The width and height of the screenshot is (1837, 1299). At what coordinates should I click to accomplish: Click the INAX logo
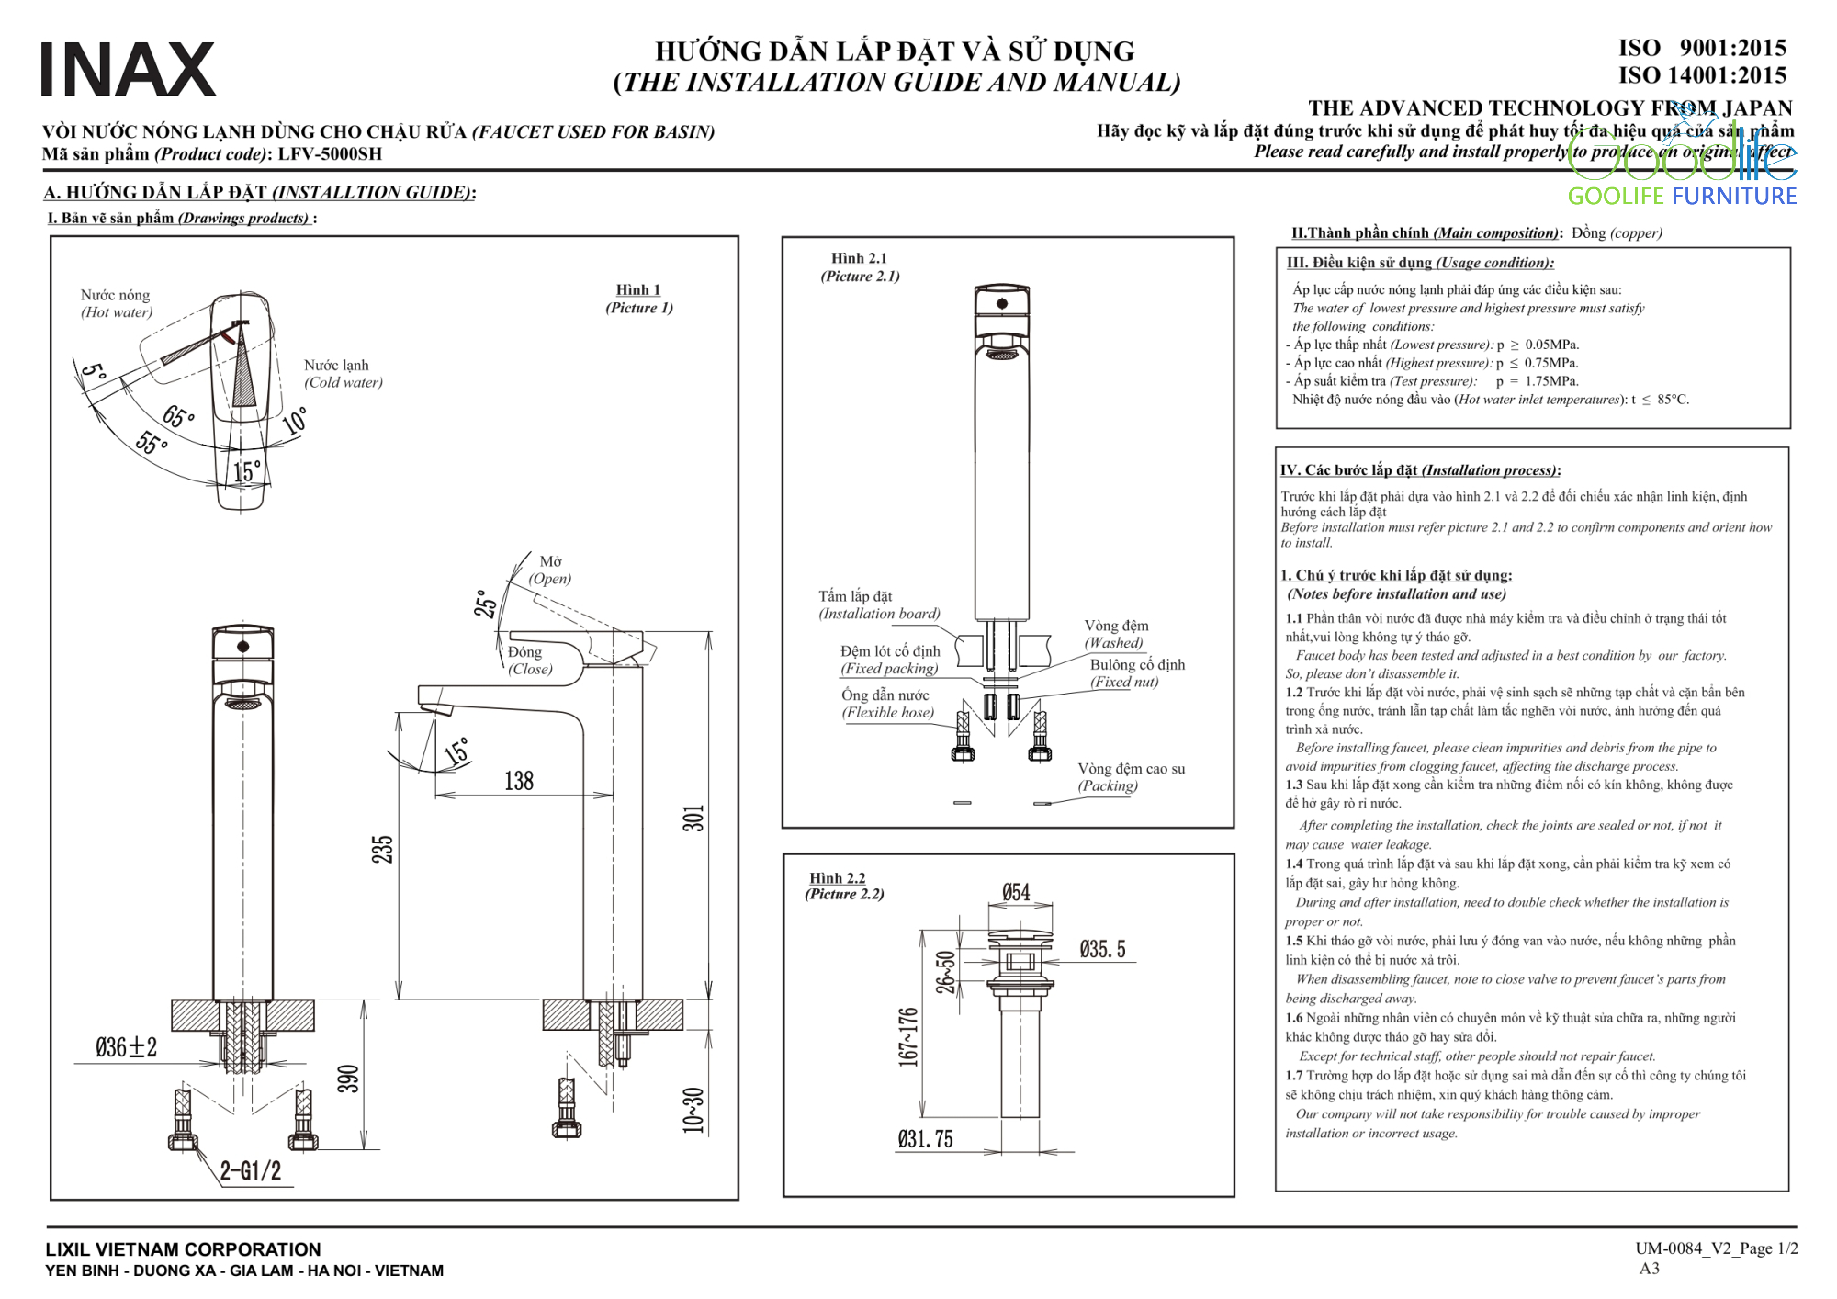[x=128, y=70]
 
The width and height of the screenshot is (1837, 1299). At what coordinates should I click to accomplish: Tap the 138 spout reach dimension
[x=519, y=781]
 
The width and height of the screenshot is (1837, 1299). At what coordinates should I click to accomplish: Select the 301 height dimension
[x=693, y=818]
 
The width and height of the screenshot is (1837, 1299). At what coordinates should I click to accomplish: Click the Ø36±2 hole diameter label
[x=127, y=1047]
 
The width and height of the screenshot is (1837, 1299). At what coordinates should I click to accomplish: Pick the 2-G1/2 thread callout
[x=251, y=1170]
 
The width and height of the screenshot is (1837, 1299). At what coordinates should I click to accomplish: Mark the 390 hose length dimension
[x=348, y=1079]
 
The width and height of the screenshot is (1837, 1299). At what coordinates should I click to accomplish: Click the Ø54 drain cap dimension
[x=1016, y=892]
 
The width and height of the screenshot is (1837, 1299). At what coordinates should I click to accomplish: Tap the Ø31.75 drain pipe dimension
[x=925, y=1139]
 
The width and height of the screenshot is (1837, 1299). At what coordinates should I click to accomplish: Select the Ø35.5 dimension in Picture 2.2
[x=1102, y=949]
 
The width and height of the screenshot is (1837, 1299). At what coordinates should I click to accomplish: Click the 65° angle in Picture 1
[x=178, y=417]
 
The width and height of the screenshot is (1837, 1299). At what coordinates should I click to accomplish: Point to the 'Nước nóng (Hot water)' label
[x=116, y=303]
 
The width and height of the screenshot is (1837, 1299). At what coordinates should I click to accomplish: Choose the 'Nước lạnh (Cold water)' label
[x=343, y=374]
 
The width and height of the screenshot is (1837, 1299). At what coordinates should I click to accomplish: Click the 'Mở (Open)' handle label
[x=550, y=570]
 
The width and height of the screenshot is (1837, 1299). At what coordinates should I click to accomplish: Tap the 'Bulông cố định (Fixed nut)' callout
[x=1136, y=672]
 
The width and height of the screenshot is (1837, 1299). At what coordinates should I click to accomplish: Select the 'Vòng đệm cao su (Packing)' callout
[x=1131, y=776]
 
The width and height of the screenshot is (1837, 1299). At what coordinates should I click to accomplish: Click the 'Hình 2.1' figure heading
[x=859, y=258]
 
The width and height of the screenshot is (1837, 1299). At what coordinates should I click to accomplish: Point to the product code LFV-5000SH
[x=330, y=154]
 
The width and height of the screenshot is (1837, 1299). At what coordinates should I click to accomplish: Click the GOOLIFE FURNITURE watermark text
[x=1682, y=196]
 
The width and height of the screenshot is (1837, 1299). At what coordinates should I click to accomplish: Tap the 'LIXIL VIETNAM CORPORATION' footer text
[x=184, y=1249]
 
